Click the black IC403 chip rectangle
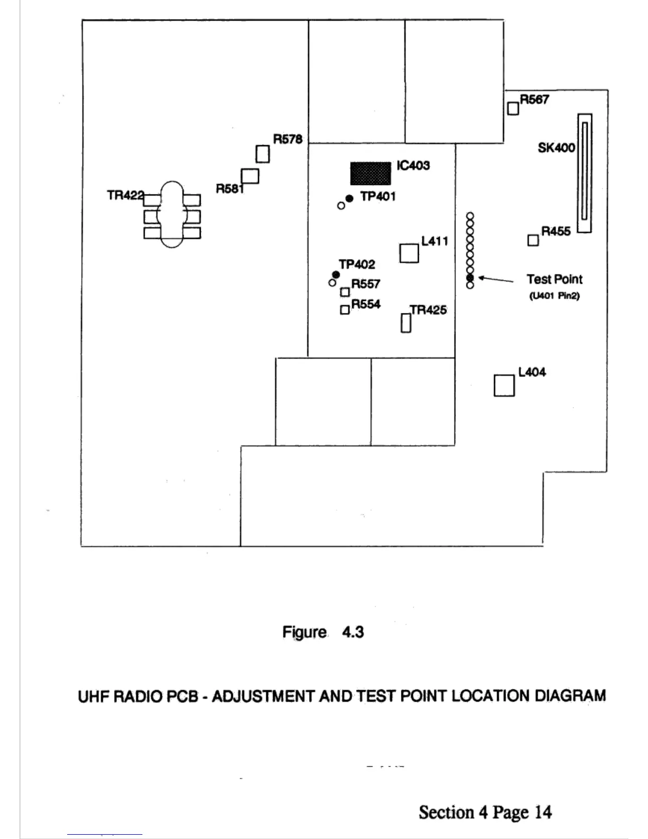click(371, 173)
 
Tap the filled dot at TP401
click(349, 199)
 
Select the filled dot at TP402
click(336, 274)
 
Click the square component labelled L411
click(409, 253)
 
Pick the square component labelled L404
click(504, 386)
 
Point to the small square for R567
click(513, 109)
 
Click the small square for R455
click(533, 240)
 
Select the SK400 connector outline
click(584, 173)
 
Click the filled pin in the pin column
click(470, 278)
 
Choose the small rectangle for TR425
click(406, 323)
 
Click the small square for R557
click(345, 292)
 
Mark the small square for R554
click(345, 310)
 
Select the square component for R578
click(263, 154)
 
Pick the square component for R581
click(250, 176)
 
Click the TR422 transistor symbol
click(172, 215)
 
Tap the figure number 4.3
click(353, 632)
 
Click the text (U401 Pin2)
click(554, 296)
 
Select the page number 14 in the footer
click(543, 812)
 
